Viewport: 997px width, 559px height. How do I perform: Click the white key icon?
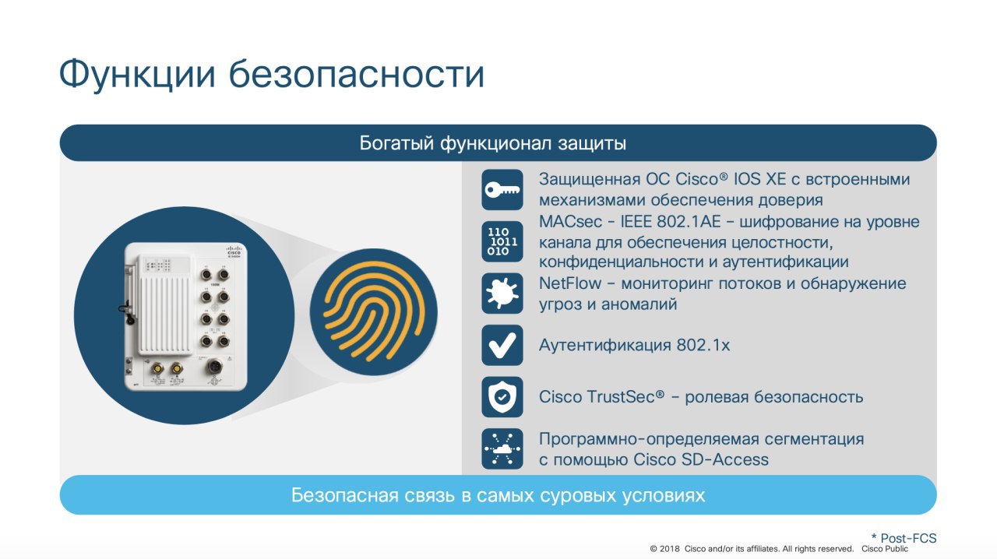click(502, 190)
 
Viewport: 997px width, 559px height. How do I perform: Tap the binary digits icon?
click(502, 241)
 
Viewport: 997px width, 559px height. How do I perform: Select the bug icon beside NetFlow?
click(502, 294)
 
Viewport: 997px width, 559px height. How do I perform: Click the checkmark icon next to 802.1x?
click(502, 346)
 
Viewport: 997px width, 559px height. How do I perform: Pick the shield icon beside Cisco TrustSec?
click(502, 397)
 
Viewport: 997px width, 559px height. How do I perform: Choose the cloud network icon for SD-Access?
click(502, 448)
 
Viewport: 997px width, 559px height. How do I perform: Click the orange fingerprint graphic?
click(373, 311)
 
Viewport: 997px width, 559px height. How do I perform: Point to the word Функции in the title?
click(137, 74)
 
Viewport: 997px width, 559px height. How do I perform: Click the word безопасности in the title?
click(357, 73)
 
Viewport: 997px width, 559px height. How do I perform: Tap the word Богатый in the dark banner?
click(396, 143)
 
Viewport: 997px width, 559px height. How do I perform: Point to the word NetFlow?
click(569, 283)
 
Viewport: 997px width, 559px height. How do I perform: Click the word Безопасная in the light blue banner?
click(344, 495)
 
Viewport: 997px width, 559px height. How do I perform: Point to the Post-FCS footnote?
click(904, 538)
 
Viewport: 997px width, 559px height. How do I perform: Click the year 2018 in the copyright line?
click(669, 549)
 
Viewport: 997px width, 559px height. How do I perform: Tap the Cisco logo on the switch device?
click(234, 251)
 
